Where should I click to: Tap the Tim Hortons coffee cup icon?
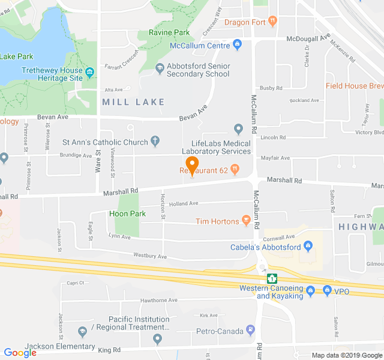(x=246, y=221)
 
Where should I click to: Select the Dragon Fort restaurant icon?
(x=273, y=22)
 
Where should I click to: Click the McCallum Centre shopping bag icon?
(x=238, y=44)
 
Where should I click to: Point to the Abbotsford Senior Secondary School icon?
(x=159, y=68)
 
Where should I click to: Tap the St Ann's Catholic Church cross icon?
(x=155, y=142)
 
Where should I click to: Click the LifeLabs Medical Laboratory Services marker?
(x=238, y=129)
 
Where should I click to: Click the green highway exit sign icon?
(x=272, y=279)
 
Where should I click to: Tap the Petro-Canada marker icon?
(x=251, y=331)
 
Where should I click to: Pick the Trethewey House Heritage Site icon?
(x=90, y=74)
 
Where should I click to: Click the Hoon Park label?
(x=127, y=214)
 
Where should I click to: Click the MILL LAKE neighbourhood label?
(x=133, y=102)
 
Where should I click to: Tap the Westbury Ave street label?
(x=150, y=257)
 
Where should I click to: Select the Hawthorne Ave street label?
(x=158, y=300)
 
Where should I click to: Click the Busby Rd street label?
(x=271, y=88)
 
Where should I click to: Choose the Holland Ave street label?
(x=184, y=203)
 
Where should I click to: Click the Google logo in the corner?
(x=20, y=353)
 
